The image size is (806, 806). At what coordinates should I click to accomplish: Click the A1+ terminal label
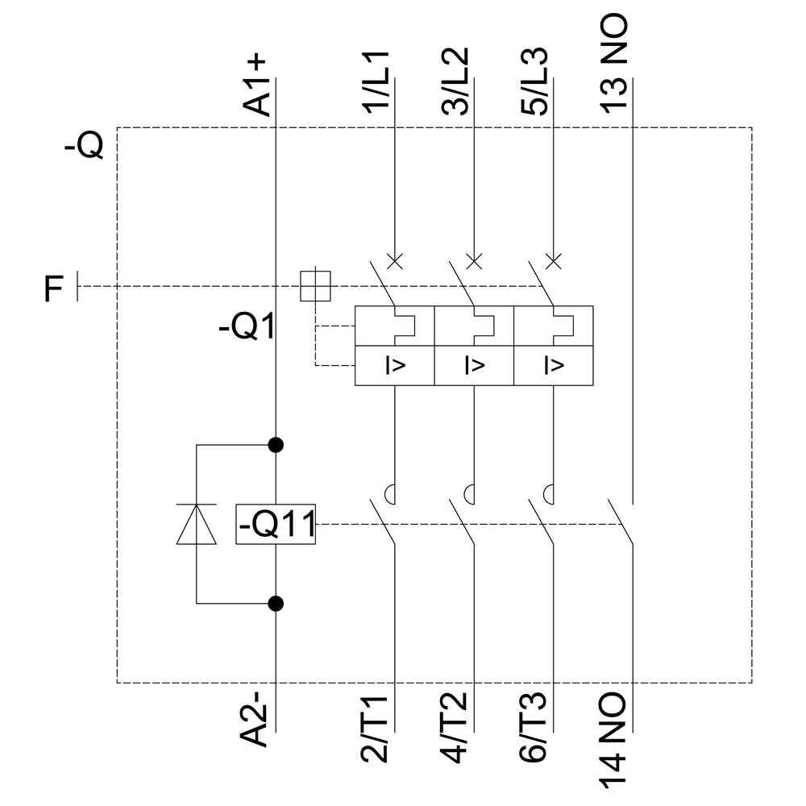point(259,85)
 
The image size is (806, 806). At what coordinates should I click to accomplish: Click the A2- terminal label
point(259,720)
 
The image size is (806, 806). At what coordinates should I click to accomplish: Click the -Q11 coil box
point(276,525)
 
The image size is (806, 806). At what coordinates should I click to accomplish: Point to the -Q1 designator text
point(247,328)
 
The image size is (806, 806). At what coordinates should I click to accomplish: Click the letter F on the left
point(52,289)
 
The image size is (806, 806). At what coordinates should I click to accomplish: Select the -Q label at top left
point(83,147)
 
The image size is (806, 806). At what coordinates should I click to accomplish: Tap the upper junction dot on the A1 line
point(276,444)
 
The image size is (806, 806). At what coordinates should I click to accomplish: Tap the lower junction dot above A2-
point(276,602)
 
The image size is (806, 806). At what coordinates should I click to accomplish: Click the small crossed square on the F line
point(315,285)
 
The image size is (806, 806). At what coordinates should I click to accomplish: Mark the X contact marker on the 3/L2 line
point(474,260)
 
